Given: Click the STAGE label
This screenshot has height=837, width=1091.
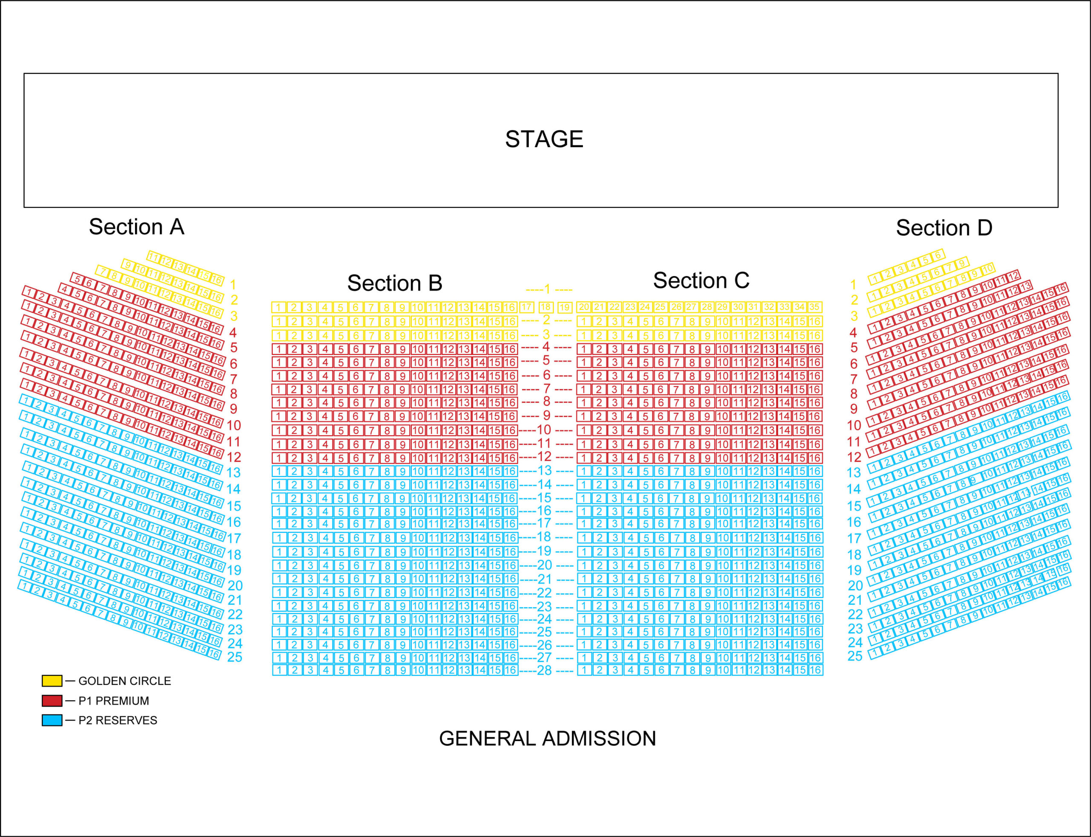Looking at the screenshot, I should pyautogui.click(x=544, y=139).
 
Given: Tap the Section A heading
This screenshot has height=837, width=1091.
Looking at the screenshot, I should pyautogui.click(x=136, y=227).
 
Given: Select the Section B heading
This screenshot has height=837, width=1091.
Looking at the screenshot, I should pyautogui.click(x=395, y=283).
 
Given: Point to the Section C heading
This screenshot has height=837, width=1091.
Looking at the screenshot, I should pyautogui.click(x=701, y=280).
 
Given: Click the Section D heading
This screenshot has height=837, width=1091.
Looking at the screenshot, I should pyautogui.click(x=944, y=228).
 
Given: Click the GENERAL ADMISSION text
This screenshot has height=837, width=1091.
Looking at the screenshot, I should pyautogui.click(x=547, y=739).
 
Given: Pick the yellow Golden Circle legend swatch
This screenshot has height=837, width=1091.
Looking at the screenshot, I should pyautogui.click(x=52, y=681).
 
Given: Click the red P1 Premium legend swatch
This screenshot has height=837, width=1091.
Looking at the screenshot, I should pyautogui.click(x=52, y=701).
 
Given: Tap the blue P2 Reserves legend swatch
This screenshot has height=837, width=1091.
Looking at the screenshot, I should pyautogui.click(x=52, y=720).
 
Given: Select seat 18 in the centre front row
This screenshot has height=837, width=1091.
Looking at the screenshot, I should pyautogui.click(x=546, y=307).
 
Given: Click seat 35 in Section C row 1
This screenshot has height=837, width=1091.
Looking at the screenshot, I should pyautogui.click(x=814, y=307).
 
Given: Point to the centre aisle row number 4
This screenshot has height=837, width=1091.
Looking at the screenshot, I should pyautogui.click(x=546, y=347).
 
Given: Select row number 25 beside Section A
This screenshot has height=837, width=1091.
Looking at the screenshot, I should pyautogui.click(x=235, y=657).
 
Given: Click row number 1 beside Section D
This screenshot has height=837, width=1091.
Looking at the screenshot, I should pyautogui.click(x=853, y=285).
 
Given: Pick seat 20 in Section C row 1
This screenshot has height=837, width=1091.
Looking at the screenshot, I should pyautogui.click(x=584, y=307).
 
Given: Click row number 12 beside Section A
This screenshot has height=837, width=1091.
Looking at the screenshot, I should pyautogui.click(x=234, y=457).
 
